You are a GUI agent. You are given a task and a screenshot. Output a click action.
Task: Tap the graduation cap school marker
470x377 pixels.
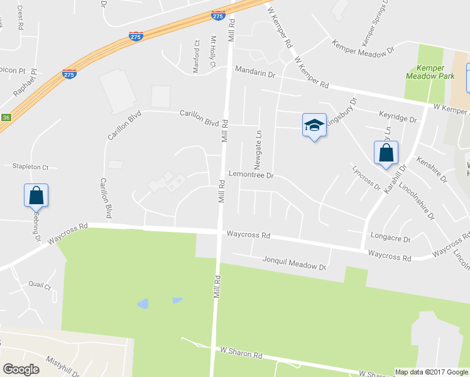314,125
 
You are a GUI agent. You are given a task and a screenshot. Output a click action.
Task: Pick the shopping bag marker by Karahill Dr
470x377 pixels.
386,153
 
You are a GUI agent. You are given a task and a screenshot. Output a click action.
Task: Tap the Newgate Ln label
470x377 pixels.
258,150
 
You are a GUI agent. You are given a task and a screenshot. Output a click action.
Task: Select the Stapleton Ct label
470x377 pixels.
30,167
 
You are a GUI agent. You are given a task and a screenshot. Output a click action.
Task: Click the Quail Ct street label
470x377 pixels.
40,285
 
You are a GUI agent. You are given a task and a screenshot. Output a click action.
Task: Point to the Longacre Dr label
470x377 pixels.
391,239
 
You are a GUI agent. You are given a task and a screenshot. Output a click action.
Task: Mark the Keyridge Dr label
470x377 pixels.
398,117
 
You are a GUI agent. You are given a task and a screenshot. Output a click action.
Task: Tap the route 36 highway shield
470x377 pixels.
6,117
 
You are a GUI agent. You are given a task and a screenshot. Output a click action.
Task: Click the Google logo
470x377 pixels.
20,369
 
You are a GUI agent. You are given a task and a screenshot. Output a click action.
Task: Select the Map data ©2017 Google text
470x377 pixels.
431,372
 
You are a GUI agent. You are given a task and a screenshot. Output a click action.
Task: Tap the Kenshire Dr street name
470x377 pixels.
431,170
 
